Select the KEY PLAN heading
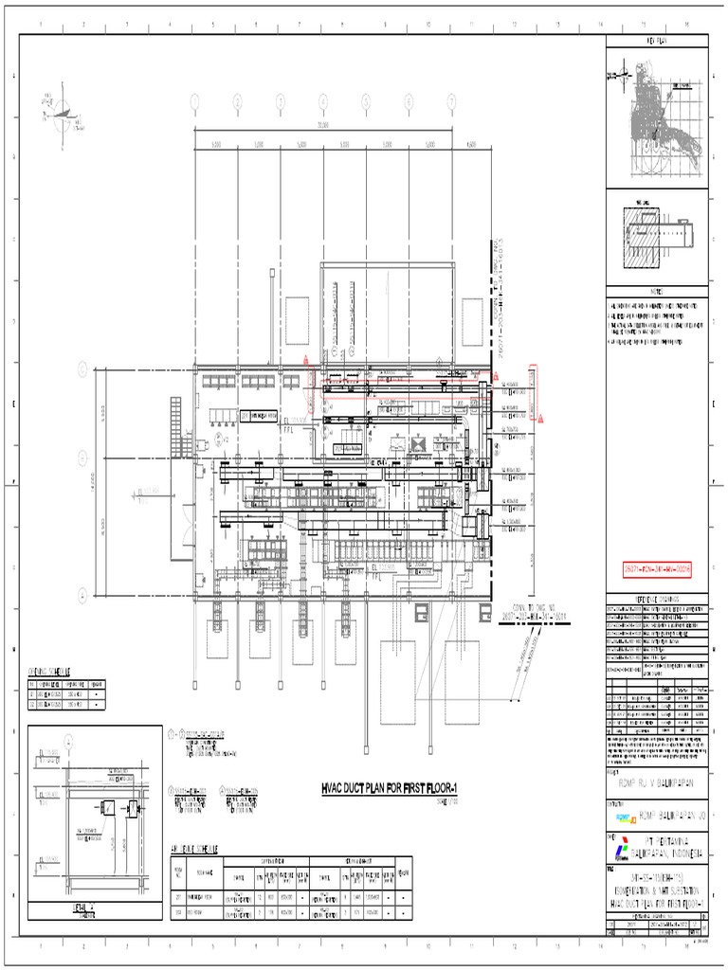tap(658, 43)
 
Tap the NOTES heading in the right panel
tap(658, 291)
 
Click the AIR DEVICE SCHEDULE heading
tap(194, 848)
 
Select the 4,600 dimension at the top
tap(471, 145)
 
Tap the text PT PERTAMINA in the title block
tap(675, 840)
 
